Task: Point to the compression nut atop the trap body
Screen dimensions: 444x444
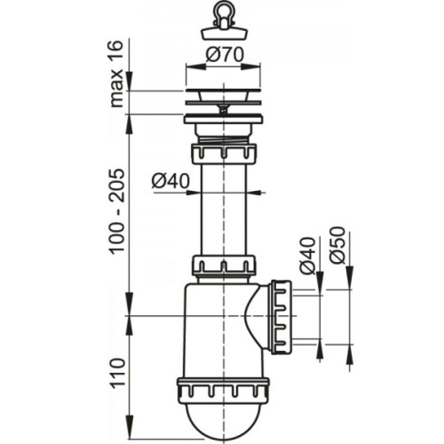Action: [x=224, y=266]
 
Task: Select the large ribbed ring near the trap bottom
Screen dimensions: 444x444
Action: [x=224, y=391]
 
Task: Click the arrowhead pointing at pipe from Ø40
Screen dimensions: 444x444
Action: [x=258, y=192]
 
